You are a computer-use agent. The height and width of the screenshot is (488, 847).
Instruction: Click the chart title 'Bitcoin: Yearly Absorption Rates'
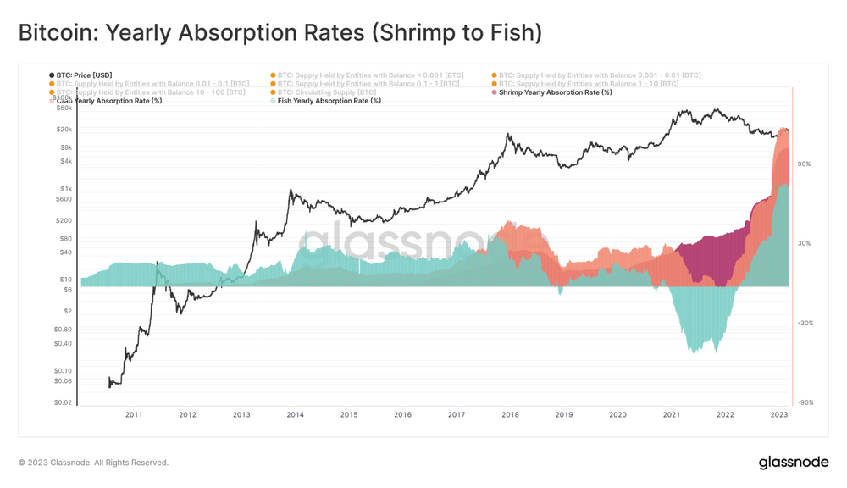pyautogui.click(x=280, y=33)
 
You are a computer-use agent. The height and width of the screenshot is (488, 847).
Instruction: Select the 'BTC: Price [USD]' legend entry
pyautogui.click(x=84, y=75)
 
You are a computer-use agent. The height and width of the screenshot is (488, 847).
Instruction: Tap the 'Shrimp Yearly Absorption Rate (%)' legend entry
pyautogui.click(x=555, y=92)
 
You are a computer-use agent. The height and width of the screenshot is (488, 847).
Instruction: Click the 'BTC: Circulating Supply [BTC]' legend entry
pyautogui.click(x=327, y=92)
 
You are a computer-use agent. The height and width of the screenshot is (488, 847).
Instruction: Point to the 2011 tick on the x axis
pyautogui.click(x=134, y=415)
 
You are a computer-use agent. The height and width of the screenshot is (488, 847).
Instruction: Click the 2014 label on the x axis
pyautogui.click(x=295, y=415)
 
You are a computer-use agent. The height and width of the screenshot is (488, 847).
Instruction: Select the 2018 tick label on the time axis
pyautogui.click(x=510, y=415)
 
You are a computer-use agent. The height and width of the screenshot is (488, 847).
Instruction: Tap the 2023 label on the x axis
pyautogui.click(x=779, y=415)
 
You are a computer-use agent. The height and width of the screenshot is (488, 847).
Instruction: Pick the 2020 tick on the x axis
pyautogui.click(x=617, y=415)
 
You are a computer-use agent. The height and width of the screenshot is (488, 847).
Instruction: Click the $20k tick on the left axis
pyautogui.click(x=64, y=130)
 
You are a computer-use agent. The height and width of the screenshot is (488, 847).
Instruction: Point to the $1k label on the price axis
pyautogui.click(x=66, y=189)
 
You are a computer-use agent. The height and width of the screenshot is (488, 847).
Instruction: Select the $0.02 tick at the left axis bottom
pyautogui.click(x=64, y=402)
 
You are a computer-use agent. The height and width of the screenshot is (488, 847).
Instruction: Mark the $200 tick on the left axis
pyautogui.click(x=64, y=220)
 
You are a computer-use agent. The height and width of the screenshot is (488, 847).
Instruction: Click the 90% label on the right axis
pyautogui.click(x=804, y=164)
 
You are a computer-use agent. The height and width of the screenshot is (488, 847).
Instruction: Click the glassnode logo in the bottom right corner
pyautogui.click(x=793, y=463)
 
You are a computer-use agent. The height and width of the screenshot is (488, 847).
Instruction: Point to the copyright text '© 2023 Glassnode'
pyautogui.click(x=93, y=463)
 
